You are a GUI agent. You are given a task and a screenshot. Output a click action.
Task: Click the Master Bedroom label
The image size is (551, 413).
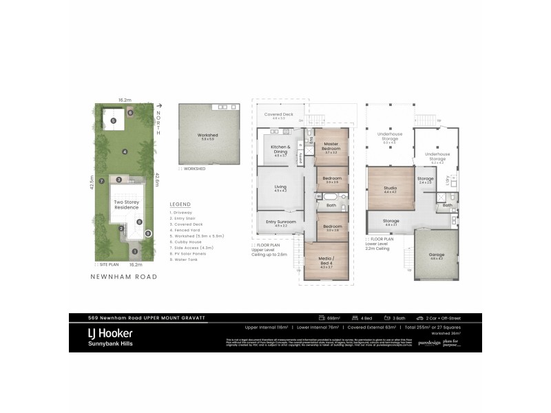point(331,146)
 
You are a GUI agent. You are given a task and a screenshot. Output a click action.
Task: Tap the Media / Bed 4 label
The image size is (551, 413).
point(327,260)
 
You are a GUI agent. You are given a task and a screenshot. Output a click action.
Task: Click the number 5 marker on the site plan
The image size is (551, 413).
point(113,121)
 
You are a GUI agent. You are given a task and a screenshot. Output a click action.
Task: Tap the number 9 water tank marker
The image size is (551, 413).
point(147,234)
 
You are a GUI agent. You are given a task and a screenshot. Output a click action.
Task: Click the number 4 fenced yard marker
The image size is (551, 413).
point(124,151)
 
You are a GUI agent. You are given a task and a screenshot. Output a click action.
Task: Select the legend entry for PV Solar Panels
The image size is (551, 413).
point(187,253)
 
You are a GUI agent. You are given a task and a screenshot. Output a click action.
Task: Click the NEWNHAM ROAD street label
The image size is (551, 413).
point(124,277)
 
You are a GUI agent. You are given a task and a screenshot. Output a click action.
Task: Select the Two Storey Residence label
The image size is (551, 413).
point(127,204)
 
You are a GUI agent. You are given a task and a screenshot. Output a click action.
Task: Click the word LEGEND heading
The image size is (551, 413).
point(180,204)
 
